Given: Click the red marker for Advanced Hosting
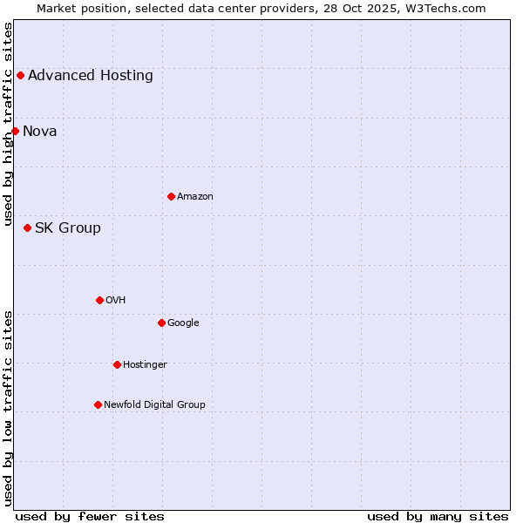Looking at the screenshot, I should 20,75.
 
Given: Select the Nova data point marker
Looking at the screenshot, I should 15,131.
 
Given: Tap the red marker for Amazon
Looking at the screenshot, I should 171,196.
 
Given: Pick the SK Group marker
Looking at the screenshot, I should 27,228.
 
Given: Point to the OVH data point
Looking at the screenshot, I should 99,300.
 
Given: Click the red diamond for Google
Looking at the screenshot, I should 161,323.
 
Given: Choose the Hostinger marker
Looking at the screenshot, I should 117,364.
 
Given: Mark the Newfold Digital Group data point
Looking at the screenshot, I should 98,404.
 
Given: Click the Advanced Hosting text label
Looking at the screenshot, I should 91,75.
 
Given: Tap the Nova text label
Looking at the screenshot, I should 40,131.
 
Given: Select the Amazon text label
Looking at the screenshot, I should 195,196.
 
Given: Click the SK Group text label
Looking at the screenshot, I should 68,228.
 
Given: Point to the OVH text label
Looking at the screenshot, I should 116,300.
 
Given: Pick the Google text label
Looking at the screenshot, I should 183,323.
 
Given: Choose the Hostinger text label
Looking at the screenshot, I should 145,364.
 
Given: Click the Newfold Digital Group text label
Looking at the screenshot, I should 154,404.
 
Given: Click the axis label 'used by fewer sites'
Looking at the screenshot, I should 90,516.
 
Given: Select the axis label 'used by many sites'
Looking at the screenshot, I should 438,516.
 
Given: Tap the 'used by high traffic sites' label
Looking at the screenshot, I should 8,124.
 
